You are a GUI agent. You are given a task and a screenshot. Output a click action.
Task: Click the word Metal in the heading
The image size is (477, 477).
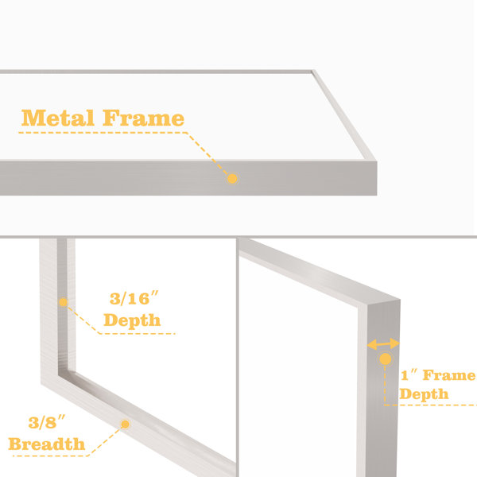pos(57,118)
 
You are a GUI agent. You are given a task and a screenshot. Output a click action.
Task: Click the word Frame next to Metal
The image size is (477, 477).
pos(144,118)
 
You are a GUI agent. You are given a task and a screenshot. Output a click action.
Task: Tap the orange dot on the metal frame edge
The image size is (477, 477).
pos(232,179)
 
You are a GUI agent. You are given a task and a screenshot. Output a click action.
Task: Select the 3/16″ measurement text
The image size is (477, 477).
pos(134,298)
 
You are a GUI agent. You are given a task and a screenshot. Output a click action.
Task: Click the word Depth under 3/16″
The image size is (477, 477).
pos(132,320)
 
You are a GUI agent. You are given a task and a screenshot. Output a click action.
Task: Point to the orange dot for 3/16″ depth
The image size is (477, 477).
pos(64,302)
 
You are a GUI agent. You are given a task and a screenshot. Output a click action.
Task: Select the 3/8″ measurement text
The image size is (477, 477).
pos(47,422)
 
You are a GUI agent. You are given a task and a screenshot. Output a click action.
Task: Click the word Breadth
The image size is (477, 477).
pos(47,444)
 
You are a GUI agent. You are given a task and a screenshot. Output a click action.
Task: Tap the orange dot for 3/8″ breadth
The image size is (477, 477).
pos(126,424)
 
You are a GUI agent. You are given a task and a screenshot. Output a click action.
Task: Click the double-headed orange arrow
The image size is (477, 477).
pos(383,344)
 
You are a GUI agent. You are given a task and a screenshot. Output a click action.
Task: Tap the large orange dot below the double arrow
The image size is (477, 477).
pos(386,359)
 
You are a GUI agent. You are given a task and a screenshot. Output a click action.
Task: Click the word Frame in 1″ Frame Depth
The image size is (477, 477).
pos(449,375)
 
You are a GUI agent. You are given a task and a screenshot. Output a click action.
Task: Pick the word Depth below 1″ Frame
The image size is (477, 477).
pos(424,394)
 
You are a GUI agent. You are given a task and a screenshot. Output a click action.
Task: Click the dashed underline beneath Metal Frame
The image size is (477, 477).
pos(103,133)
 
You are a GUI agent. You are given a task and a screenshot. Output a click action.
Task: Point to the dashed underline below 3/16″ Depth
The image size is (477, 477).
pos(138,334)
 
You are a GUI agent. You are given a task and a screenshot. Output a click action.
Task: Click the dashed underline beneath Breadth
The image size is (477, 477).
pos(51,456)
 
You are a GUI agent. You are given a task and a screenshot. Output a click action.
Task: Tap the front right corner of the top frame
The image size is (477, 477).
pos(377,161)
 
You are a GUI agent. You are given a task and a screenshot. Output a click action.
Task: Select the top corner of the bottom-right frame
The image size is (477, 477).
pos(400,300)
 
